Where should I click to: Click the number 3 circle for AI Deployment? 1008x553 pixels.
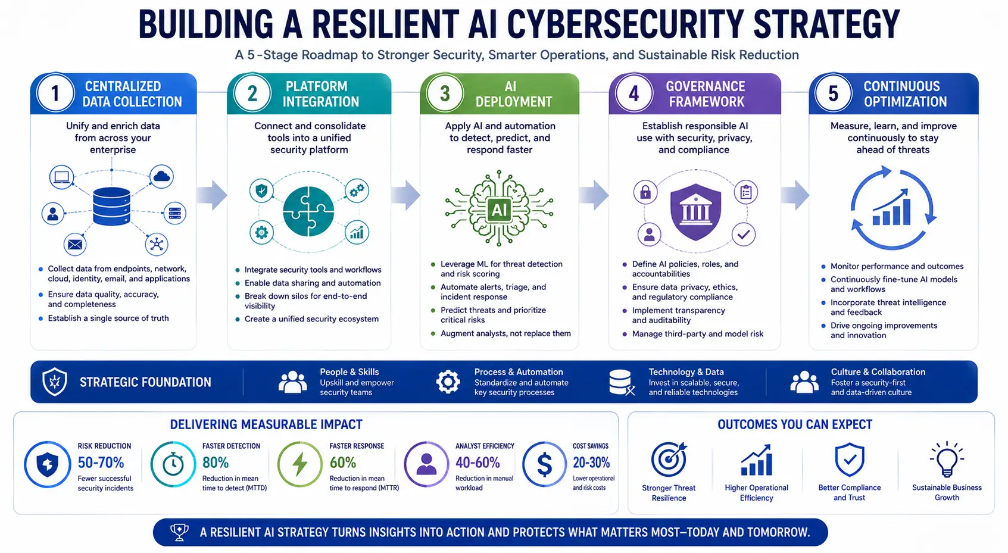coord(445,93)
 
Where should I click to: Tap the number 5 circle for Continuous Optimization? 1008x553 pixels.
coord(834,93)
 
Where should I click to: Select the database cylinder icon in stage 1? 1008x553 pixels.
coord(111,206)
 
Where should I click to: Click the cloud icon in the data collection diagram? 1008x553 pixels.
coord(161,176)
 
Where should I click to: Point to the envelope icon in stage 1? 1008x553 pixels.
coord(75,244)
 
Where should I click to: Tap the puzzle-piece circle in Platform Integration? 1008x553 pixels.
coord(308,211)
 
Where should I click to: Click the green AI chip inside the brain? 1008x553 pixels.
coord(500,210)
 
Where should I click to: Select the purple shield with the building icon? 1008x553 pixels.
coord(695,211)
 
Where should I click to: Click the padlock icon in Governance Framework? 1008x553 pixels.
coord(646,192)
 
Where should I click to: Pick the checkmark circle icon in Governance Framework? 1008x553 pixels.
coord(744,234)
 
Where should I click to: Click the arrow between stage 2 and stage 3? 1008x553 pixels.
coord(405,195)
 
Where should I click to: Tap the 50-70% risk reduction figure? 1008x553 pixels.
coord(101,463)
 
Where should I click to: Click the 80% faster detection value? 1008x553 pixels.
coord(216,463)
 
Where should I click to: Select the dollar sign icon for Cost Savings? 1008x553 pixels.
coord(545,464)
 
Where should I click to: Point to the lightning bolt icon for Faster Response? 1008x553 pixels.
coord(299,464)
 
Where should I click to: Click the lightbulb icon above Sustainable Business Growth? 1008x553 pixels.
coord(947,459)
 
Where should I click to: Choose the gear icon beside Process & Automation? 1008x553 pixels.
coord(448,382)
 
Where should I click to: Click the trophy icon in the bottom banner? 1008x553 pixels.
coord(179,532)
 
